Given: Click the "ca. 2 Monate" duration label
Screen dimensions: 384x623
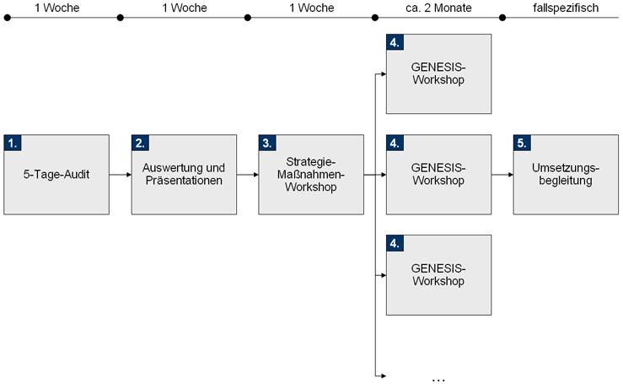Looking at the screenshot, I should (x=438, y=8).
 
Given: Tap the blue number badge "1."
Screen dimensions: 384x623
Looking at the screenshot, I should (x=13, y=143).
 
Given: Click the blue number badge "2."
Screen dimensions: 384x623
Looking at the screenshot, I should (x=140, y=143).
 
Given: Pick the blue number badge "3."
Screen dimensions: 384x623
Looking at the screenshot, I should (x=267, y=143).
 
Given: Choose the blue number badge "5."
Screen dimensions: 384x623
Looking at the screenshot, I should (x=522, y=143).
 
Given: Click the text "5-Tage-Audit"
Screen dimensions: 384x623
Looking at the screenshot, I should (x=56, y=175).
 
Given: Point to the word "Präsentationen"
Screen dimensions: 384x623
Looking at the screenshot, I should (x=184, y=181).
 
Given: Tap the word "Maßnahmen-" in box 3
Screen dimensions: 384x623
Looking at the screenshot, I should (x=311, y=175).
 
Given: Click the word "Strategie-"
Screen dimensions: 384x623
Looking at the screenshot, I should (x=311, y=162).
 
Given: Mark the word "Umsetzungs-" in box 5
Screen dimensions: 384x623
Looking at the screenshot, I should (x=566, y=168).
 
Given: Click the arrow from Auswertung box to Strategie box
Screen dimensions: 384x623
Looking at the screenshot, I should (x=248, y=175).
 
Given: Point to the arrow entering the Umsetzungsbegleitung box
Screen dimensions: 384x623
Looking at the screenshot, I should (x=502, y=175).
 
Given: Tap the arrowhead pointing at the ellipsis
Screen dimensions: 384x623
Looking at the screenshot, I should (x=383, y=375).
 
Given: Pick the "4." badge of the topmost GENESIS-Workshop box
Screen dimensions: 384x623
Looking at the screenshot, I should (x=395, y=43).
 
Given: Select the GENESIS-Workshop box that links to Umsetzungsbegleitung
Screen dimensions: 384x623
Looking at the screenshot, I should (x=438, y=175).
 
